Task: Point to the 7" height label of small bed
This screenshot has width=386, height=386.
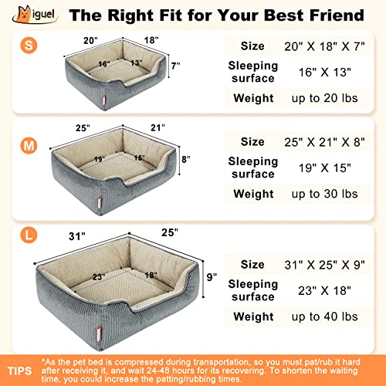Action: [x=176, y=66]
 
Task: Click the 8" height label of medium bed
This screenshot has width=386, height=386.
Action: [x=185, y=161]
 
